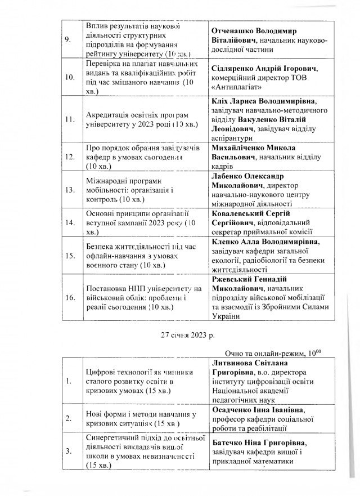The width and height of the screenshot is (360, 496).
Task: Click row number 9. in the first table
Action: click(x=68, y=40)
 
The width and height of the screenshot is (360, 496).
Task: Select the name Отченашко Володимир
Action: click(x=254, y=30)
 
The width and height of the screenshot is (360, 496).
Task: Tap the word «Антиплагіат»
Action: click(x=240, y=88)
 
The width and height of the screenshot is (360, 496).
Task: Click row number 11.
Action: click(x=70, y=120)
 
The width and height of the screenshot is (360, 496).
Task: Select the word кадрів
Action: click(x=222, y=167)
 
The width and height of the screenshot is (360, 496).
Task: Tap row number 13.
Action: click(x=70, y=190)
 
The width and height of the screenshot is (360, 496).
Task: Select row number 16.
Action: click(x=70, y=298)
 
